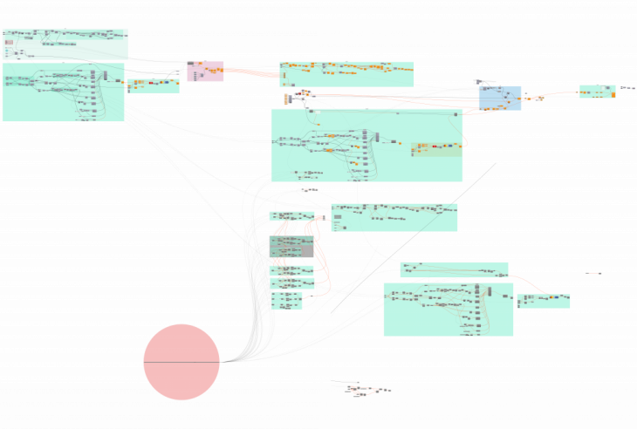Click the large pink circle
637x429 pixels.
coord(182,362)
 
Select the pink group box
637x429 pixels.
coord(205,71)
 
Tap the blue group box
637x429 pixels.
coord(499,98)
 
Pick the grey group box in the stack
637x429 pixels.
coord(291,246)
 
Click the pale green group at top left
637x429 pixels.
coord(65,44)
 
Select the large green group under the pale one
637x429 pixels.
coord(63,92)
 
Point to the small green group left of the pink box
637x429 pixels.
coord(154,85)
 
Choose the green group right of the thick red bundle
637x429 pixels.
coord(346,74)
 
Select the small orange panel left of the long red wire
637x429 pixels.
coord(285,99)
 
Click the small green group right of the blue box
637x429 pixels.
coord(597,92)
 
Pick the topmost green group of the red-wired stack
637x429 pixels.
coord(291,215)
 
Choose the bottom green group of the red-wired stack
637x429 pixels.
coord(286,301)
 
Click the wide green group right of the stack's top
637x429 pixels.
coord(394,217)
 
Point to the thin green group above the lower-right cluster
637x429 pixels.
coord(454,269)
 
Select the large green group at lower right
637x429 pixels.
coord(448,310)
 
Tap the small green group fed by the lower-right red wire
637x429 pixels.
coord(543,301)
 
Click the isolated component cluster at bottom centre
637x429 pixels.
coord(366,390)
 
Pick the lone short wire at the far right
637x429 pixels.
coord(592,273)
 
